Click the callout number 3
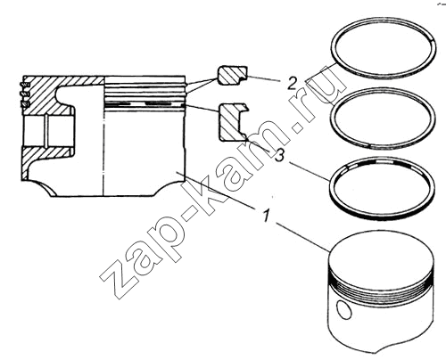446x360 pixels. click(279, 155)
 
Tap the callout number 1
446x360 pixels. click(267, 215)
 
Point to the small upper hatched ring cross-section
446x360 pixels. click(232, 76)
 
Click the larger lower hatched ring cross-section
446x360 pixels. click(233, 122)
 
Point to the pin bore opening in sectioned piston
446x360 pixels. click(47, 131)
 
